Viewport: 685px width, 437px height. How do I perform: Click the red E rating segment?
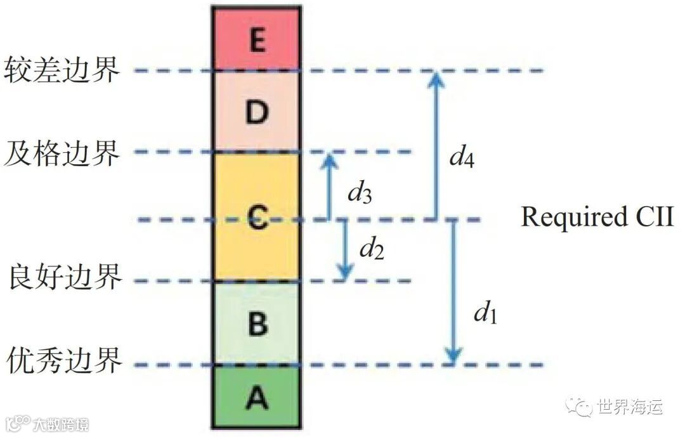click(256, 39)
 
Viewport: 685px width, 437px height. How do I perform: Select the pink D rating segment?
click(256, 112)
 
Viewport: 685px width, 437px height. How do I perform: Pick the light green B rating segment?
click(256, 323)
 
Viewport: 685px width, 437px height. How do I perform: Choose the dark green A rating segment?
click(256, 398)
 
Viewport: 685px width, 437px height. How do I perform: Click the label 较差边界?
click(62, 69)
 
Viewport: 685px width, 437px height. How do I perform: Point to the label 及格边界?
click(62, 152)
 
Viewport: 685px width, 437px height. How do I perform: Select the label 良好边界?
click(65, 278)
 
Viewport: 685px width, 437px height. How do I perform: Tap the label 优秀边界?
click(65, 362)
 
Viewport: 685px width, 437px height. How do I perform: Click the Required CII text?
click(596, 217)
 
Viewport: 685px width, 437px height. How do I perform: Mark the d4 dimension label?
click(462, 155)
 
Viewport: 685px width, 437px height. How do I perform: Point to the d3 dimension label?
click(359, 193)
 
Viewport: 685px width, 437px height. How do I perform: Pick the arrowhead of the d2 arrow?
click(345, 274)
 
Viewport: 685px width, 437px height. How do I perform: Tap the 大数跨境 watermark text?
click(61, 423)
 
